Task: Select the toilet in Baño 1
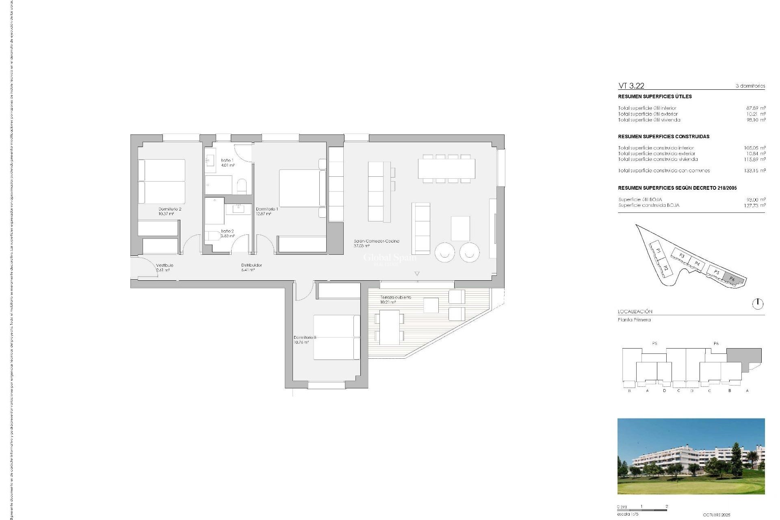(241, 186)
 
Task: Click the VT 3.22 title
(631, 86)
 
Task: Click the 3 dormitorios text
(750, 86)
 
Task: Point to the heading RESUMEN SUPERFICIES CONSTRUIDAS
(663, 136)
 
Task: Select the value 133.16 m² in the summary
(754, 171)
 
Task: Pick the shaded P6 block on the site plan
(732, 279)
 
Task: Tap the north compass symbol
(758, 303)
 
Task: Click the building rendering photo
(691, 456)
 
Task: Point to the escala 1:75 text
(628, 514)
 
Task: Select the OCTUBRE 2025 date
(716, 515)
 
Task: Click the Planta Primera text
(634, 320)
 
